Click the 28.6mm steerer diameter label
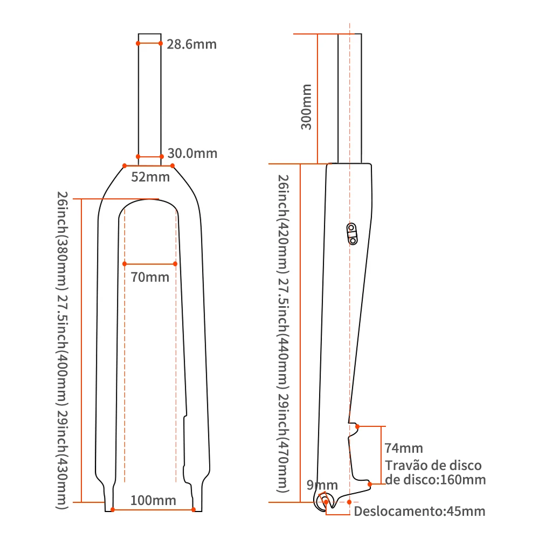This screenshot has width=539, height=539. [x=191, y=44]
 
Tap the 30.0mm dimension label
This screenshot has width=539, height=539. [x=192, y=154]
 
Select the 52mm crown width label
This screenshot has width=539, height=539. [x=150, y=177]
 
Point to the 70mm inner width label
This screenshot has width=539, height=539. [x=150, y=278]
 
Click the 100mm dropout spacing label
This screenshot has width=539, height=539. [x=153, y=501]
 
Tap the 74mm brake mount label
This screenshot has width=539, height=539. [x=404, y=448]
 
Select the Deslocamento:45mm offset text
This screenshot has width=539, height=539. [x=419, y=511]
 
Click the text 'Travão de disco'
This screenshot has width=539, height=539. [x=433, y=466]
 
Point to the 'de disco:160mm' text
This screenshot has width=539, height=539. [x=435, y=480]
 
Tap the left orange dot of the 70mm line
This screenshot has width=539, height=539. [x=125, y=264]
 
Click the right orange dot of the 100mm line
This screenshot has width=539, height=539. [x=194, y=509]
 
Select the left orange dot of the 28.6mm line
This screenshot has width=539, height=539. [x=138, y=43]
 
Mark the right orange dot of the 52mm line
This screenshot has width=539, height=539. [x=172, y=165]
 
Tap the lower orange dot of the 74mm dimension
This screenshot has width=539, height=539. [x=370, y=484]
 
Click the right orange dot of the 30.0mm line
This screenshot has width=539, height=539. [x=162, y=157]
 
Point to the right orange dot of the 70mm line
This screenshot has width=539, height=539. [x=176, y=264]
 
